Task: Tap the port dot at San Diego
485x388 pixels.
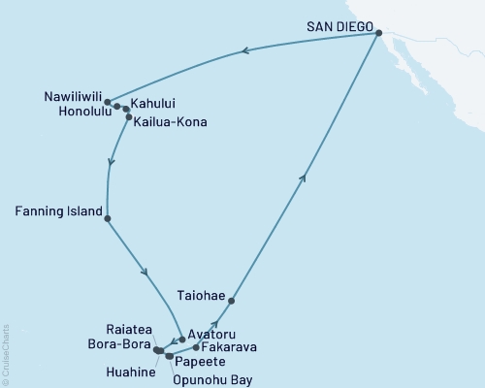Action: (x=379, y=34)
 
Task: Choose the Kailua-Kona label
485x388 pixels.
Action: (x=171, y=122)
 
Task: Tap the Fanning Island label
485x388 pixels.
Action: (x=56, y=209)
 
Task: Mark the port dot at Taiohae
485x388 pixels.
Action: (x=231, y=301)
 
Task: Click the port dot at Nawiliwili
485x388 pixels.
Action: (x=108, y=102)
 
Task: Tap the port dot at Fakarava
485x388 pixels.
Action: (x=197, y=346)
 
